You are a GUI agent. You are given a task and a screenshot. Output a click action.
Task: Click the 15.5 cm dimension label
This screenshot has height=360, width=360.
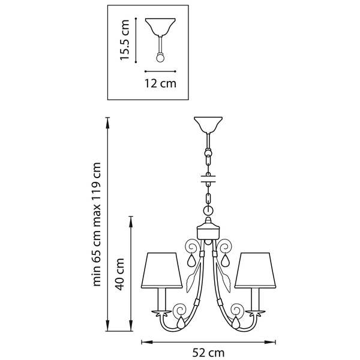pos(125,40)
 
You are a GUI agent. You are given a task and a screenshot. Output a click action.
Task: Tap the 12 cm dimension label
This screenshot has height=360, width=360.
pos(160,83)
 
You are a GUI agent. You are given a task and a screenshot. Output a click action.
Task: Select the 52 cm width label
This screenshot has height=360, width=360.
pos(208,353)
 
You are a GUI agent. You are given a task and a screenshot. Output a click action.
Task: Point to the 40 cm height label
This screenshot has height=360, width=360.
pos(120,274)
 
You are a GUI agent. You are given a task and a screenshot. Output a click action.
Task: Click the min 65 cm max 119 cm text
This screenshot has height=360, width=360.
pos(97,224)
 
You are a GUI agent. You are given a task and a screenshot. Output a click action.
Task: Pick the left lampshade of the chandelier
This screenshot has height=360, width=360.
pos(161,271)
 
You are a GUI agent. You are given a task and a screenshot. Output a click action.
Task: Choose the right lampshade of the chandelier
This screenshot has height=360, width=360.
pos(256,271)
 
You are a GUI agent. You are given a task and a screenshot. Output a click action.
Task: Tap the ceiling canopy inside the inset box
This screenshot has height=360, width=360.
pos(160,27)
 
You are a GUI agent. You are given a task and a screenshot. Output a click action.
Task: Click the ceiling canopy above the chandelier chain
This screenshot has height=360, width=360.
pos(208,125)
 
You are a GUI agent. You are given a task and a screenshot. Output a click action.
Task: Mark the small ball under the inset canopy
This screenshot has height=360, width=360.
pos(160,58)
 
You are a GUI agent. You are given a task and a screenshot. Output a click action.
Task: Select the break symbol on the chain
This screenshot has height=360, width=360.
pos(208,179)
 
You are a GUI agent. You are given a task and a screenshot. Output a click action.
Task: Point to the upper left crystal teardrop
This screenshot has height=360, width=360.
pos(191,260)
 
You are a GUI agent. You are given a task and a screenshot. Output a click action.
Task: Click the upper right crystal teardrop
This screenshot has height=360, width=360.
pos(225,260)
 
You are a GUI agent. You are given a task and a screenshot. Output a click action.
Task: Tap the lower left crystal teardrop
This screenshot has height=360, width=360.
pos(181,322)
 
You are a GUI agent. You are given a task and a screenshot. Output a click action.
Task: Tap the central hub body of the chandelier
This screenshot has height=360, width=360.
pos(208,232)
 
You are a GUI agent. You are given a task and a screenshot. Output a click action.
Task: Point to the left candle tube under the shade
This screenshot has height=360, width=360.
pos(161,299)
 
